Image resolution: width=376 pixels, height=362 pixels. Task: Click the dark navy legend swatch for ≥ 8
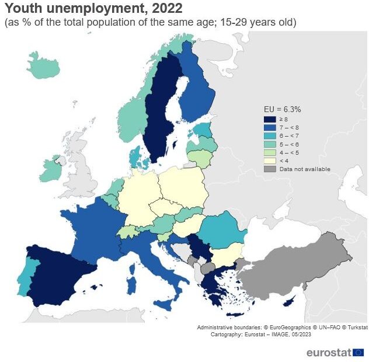click(270, 119)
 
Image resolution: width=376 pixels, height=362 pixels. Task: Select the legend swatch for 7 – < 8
click(270, 127)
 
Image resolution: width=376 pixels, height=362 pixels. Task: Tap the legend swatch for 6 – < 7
click(270, 135)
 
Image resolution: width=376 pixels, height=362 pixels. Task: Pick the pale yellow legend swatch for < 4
click(270, 161)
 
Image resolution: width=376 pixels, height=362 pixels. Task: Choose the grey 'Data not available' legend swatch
click(270, 169)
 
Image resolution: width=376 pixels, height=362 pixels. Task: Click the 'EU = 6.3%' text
click(282, 109)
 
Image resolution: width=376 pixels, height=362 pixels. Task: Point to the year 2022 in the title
click(167, 9)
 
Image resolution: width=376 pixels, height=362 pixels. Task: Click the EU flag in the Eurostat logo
click(358, 352)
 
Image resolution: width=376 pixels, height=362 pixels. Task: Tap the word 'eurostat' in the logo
click(329, 352)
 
